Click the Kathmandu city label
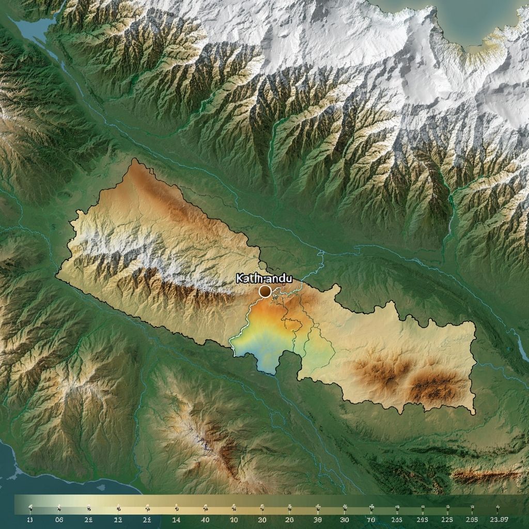pyautogui.click(x=264, y=278)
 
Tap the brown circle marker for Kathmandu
pyautogui.click(x=265, y=292)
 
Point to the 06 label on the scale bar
pyautogui.click(x=59, y=520)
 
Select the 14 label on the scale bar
pyautogui.click(x=176, y=520)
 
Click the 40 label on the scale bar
pyautogui.click(x=205, y=520)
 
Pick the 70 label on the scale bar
pyautogui.click(x=371, y=520)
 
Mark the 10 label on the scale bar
pyautogui.click(x=234, y=520)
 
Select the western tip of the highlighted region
pyautogui.click(x=58, y=276)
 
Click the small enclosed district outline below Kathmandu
pyautogui.click(x=293, y=325)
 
